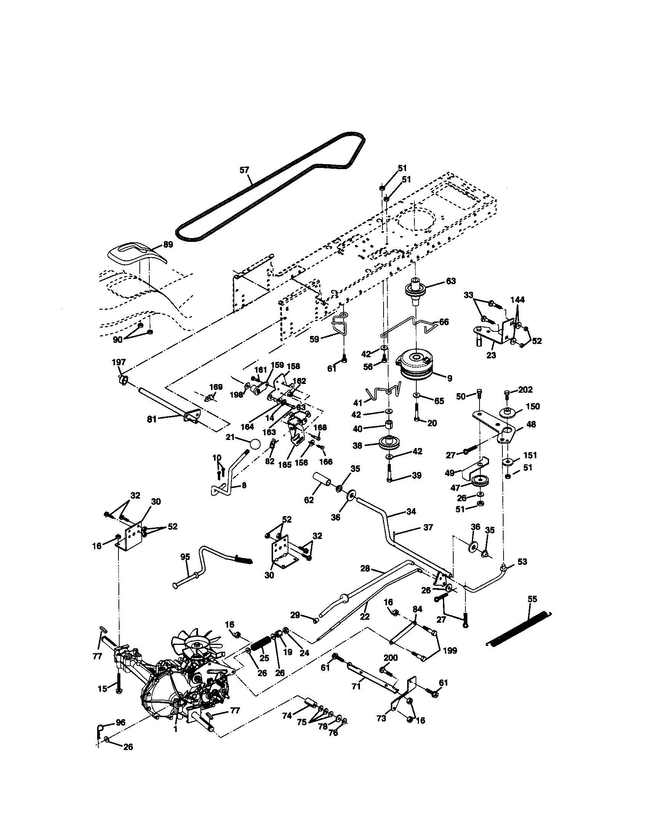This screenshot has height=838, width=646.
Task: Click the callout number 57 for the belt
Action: point(244,170)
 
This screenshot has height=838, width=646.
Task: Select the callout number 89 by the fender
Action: point(168,245)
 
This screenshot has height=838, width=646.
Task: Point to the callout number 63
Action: point(451,281)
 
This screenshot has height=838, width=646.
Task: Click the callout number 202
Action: point(525,390)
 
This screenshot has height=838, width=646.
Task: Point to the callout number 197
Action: point(118,362)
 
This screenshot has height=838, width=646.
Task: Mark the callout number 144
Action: point(518,300)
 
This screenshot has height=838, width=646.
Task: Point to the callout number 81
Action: point(152,419)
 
